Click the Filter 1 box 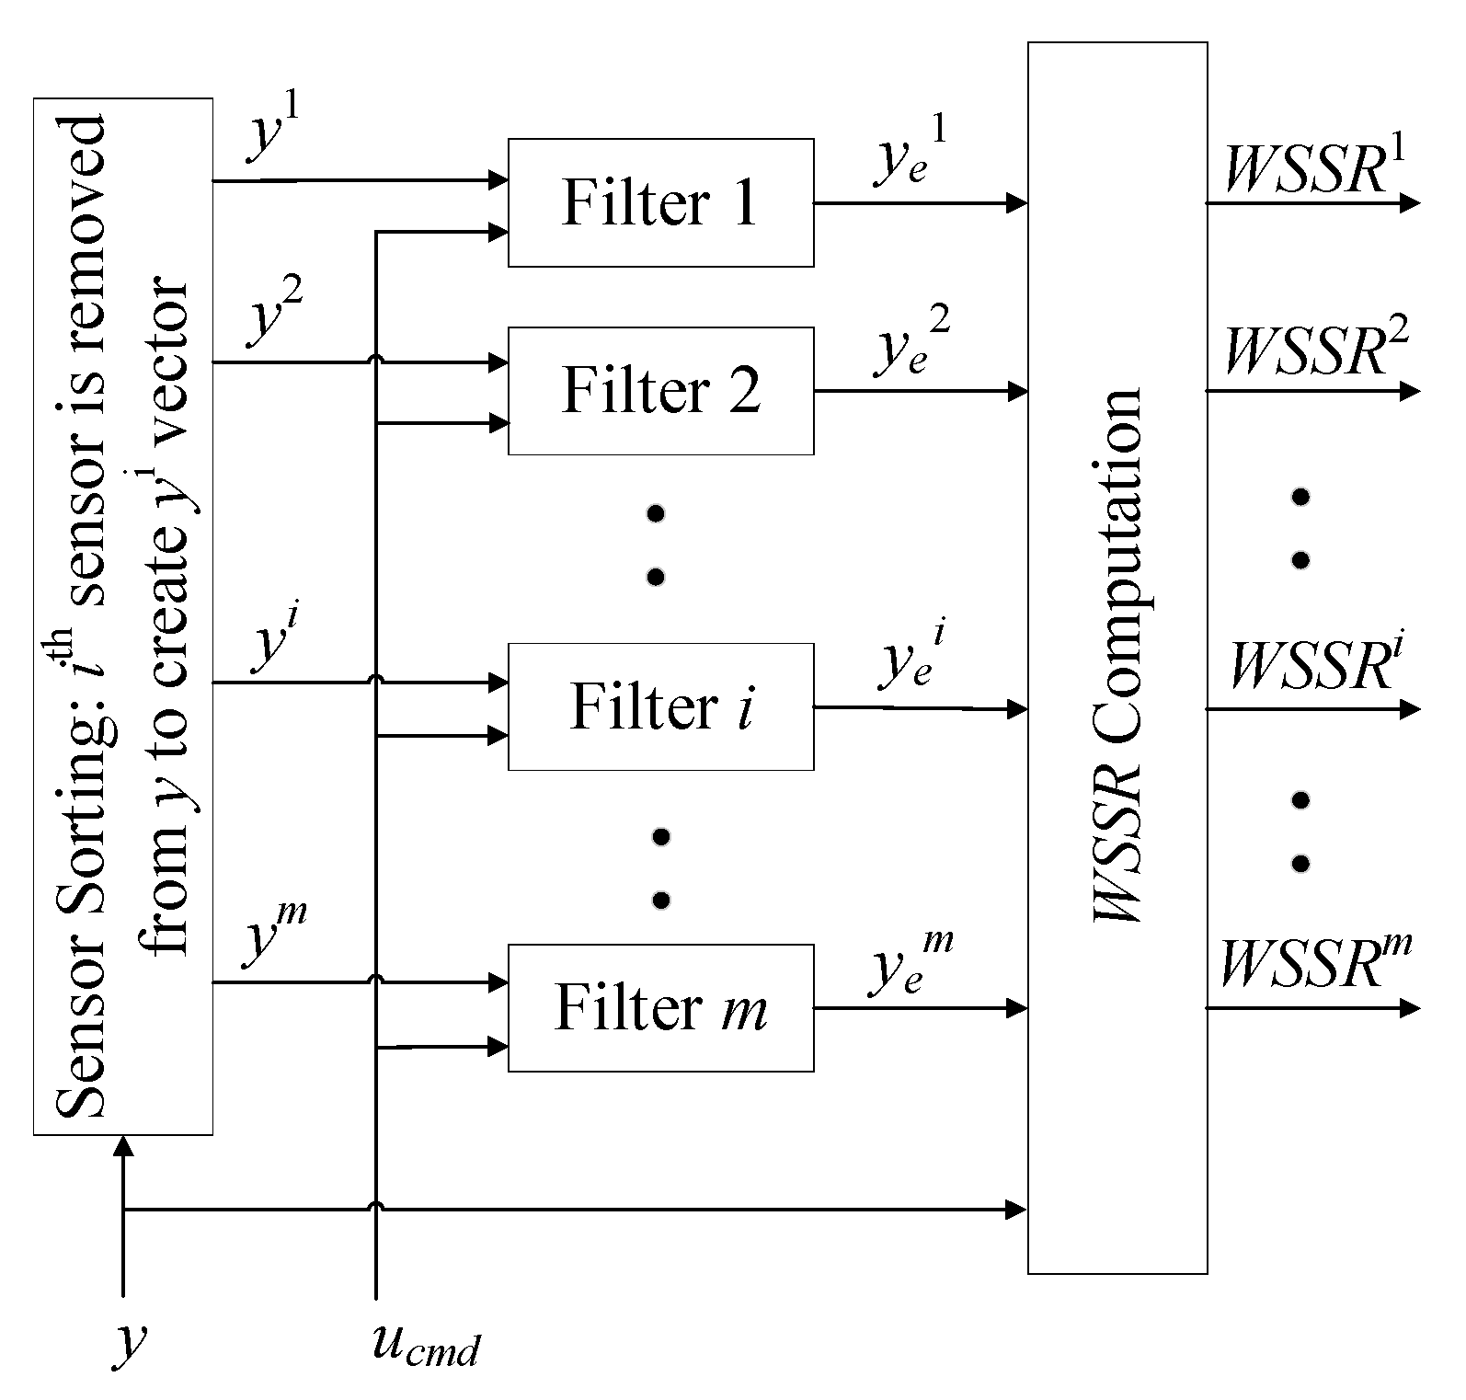(x=660, y=202)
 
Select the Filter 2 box (x=660, y=391)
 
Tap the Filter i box (x=660, y=706)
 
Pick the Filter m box (x=660, y=1008)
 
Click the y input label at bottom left (x=129, y=1343)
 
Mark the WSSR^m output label (x=1313, y=961)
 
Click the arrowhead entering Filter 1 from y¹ (x=499, y=180)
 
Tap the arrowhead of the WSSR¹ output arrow (x=1410, y=203)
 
